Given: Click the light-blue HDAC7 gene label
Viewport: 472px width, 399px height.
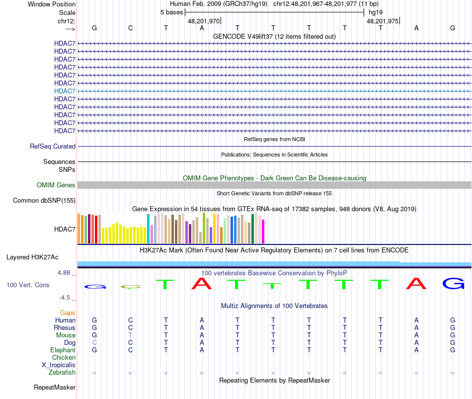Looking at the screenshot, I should (x=65, y=91).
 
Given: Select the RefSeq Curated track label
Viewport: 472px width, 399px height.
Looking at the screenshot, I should (x=53, y=147).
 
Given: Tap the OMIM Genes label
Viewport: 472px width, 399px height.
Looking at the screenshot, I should (x=56, y=185).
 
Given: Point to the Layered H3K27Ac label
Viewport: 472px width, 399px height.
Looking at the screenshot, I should (x=32, y=257).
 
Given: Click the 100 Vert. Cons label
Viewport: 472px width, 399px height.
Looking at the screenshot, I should (x=28, y=285).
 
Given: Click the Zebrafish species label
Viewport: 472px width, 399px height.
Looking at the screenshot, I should (x=62, y=373).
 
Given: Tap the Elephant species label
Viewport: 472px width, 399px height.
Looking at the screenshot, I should (x=63, y=350).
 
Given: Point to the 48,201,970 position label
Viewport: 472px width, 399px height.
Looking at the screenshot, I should (x=204, y=21).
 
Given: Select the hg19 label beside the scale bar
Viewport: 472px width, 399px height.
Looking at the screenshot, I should (x=375, y=12).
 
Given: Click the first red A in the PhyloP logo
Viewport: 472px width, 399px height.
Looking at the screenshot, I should (x=201, y=284).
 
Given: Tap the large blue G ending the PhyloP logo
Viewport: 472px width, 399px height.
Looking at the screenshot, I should (x=453, y=284).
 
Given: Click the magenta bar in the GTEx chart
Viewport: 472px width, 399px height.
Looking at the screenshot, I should (x=263, y=232).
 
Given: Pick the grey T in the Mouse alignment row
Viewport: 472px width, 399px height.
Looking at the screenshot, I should (x=130, y=335).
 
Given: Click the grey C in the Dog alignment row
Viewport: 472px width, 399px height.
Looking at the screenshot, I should (x=94, y=343).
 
